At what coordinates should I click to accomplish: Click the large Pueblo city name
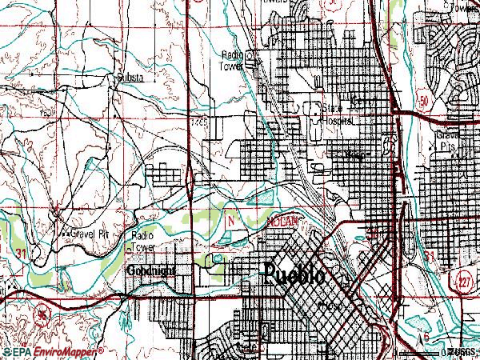tap(294, 274)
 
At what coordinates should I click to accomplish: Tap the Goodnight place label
tap(150, 270)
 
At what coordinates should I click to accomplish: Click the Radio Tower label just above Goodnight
tap(143, 241)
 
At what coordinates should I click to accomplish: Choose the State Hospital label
tap(337, 113)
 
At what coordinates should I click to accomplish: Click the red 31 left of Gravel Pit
tap(25, 251)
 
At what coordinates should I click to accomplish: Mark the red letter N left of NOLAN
tap(233, 218)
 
